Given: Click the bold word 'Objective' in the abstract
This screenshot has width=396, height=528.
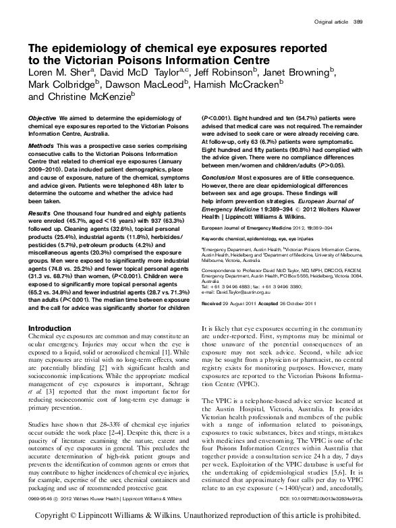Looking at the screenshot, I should coord(43,118).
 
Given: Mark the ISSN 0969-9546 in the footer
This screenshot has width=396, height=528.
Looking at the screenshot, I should coord(40,498).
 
